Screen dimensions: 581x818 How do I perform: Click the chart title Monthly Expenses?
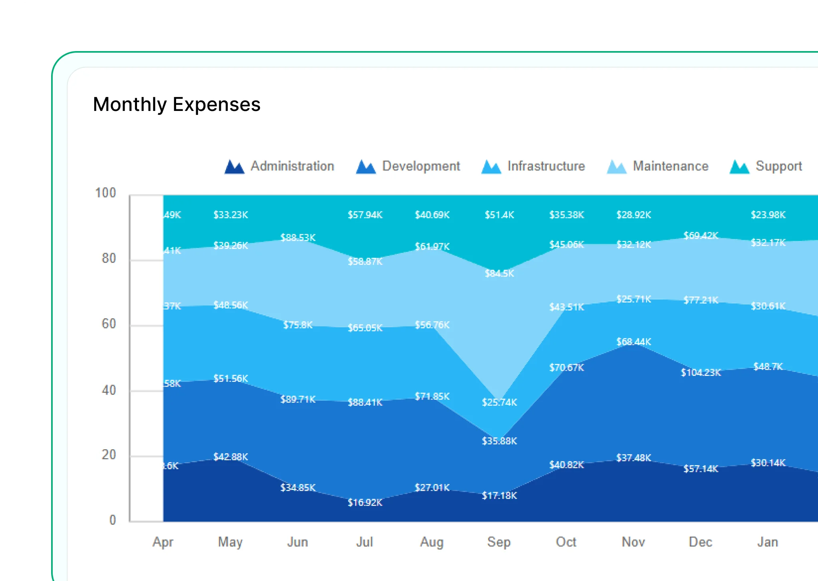pyautogui.click(x=177, y=105)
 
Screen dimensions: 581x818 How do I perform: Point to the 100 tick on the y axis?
pyautogui.click(x=105, y=193)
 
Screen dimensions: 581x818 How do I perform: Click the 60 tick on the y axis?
pyautogui.click(x=109, y=324)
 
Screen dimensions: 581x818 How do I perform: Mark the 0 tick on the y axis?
pyautogui.click(x=113, y=520)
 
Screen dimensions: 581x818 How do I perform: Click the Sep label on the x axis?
pyautogui.click(x=499, y=542)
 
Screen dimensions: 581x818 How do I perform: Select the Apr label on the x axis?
pyautogui.click(x=163, y=542)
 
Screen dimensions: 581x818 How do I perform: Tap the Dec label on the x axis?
pyautogui.click(x=701, y=542)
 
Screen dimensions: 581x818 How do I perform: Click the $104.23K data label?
pyautogui.click(x=701, y=372)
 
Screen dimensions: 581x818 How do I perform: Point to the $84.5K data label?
pyautogui.click(x=499, y=273)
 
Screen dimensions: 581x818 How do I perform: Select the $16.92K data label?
pyautogui.click(x=365, y=502)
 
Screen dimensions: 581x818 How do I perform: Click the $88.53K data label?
pyautogui.click(x=298, y=237)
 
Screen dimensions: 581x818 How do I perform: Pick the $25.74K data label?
pyautogui.click(x=499, y=402)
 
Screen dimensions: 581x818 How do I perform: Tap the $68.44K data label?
pyautogui.click(x=633, y=342)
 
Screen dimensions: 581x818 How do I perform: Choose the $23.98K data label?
pyautogui.click(x=768, y=215)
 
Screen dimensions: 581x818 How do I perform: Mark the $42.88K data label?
pyautogui.click(x=230, y=457)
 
